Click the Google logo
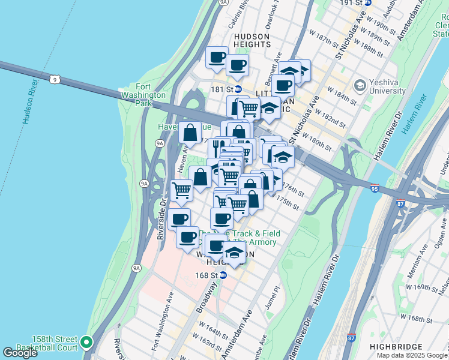tap(20, 353)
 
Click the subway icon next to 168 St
tap(223, 275)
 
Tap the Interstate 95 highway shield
tap(375, 187)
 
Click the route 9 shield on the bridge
tap(55, 79)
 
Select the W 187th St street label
tap(324, 37)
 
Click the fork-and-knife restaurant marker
tap(218, 147)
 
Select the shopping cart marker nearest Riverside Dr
tap(181, 190)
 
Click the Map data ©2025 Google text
tap(412, 355)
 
